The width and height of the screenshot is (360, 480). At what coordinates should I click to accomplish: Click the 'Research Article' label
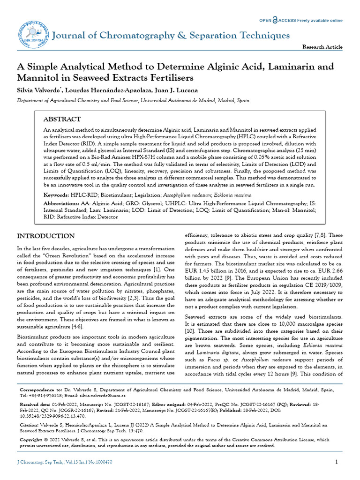[x=322, y=47]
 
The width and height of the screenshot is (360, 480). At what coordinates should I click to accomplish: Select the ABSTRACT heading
[x=62, y=120]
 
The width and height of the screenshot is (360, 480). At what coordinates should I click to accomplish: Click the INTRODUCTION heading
[x=45, y=236]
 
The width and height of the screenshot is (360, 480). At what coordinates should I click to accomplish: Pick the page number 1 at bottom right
[x=337, y=462]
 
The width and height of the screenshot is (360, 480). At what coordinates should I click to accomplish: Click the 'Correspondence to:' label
[x=41, y=390]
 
